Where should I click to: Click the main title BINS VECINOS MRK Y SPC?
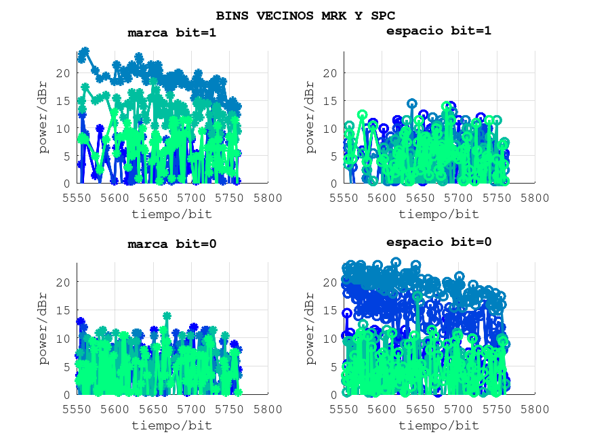point(305,15)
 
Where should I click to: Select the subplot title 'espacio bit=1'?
point(439,30)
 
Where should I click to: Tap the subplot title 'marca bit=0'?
point(172,244)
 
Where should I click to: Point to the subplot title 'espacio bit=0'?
point(439,242)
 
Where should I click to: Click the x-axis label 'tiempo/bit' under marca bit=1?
point(172,214)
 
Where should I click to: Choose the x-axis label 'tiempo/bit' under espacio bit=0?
point(439,425)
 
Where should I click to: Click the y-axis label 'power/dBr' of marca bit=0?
point(45,328)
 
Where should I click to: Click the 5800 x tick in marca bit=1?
point(268,197)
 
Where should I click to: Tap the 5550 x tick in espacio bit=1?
point(344,197)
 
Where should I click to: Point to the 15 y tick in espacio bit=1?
point(330,100)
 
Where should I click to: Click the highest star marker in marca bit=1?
point(85,51)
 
